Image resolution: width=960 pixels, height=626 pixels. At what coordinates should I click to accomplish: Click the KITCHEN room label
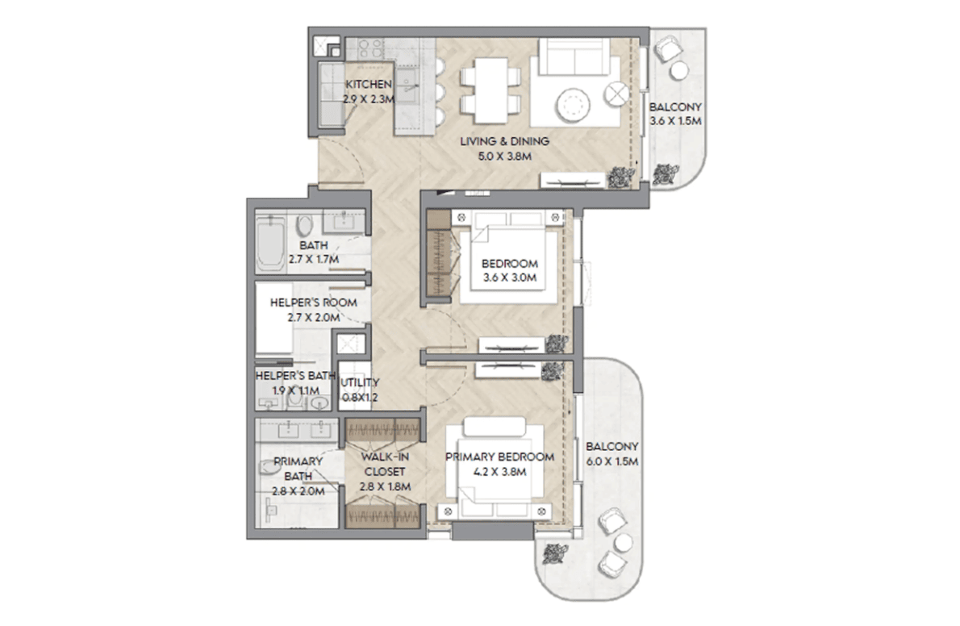coord(369,85)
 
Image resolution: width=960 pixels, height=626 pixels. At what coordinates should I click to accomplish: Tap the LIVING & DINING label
coord(504,141)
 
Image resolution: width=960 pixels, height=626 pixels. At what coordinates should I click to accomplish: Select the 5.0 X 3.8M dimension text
coord(504,156)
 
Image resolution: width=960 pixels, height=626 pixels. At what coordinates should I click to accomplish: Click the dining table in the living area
coord(490,90)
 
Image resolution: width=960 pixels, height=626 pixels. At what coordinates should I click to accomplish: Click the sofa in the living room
coord(574,56)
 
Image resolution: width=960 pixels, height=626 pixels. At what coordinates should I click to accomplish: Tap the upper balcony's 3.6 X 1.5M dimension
coord(675,121)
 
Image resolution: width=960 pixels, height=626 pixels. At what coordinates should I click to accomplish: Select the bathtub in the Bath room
coord(270,243)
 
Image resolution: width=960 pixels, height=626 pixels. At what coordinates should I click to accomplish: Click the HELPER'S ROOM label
coord(314,303)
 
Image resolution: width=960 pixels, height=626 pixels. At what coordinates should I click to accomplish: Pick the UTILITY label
coord(360,383)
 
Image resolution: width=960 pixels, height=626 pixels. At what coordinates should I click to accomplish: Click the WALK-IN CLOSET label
coord(385,465)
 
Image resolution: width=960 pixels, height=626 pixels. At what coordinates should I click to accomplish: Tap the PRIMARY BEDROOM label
coord(499,457)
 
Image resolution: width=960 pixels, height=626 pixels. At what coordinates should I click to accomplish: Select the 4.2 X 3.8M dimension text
coord(499,472)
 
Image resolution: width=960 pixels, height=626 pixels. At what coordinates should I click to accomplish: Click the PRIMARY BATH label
coord(298,469)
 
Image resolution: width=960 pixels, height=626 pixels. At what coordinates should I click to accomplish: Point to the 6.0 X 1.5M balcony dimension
coord(612,462)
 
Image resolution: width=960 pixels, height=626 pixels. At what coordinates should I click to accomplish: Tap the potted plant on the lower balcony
coord(554,553)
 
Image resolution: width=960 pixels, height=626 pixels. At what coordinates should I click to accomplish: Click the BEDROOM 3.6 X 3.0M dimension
coord(509,278)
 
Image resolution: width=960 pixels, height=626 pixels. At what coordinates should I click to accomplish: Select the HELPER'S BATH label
coord(295,376)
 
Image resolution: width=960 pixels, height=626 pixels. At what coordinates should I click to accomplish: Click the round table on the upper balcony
coord(679,70)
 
